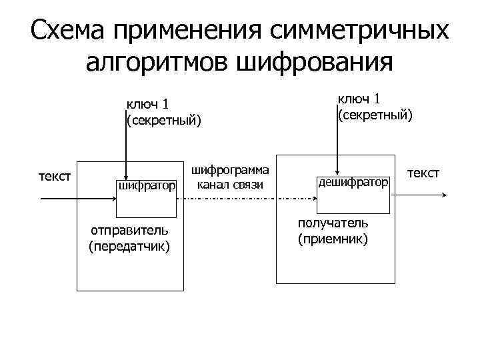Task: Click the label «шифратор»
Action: click(x=147, y=185)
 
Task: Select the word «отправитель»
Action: click(x=129, y=231)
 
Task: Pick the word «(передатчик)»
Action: click(x=129, y=246)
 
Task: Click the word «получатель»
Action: click(x=333, y=223)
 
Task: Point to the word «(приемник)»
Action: click(x=333, y=238)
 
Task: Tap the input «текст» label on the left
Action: click(x=55, y=177)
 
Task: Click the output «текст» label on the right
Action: click(x=423, y=173)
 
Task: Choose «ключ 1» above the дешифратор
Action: click(x=359, y=99)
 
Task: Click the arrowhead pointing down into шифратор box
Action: click(x=125, y=177)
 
